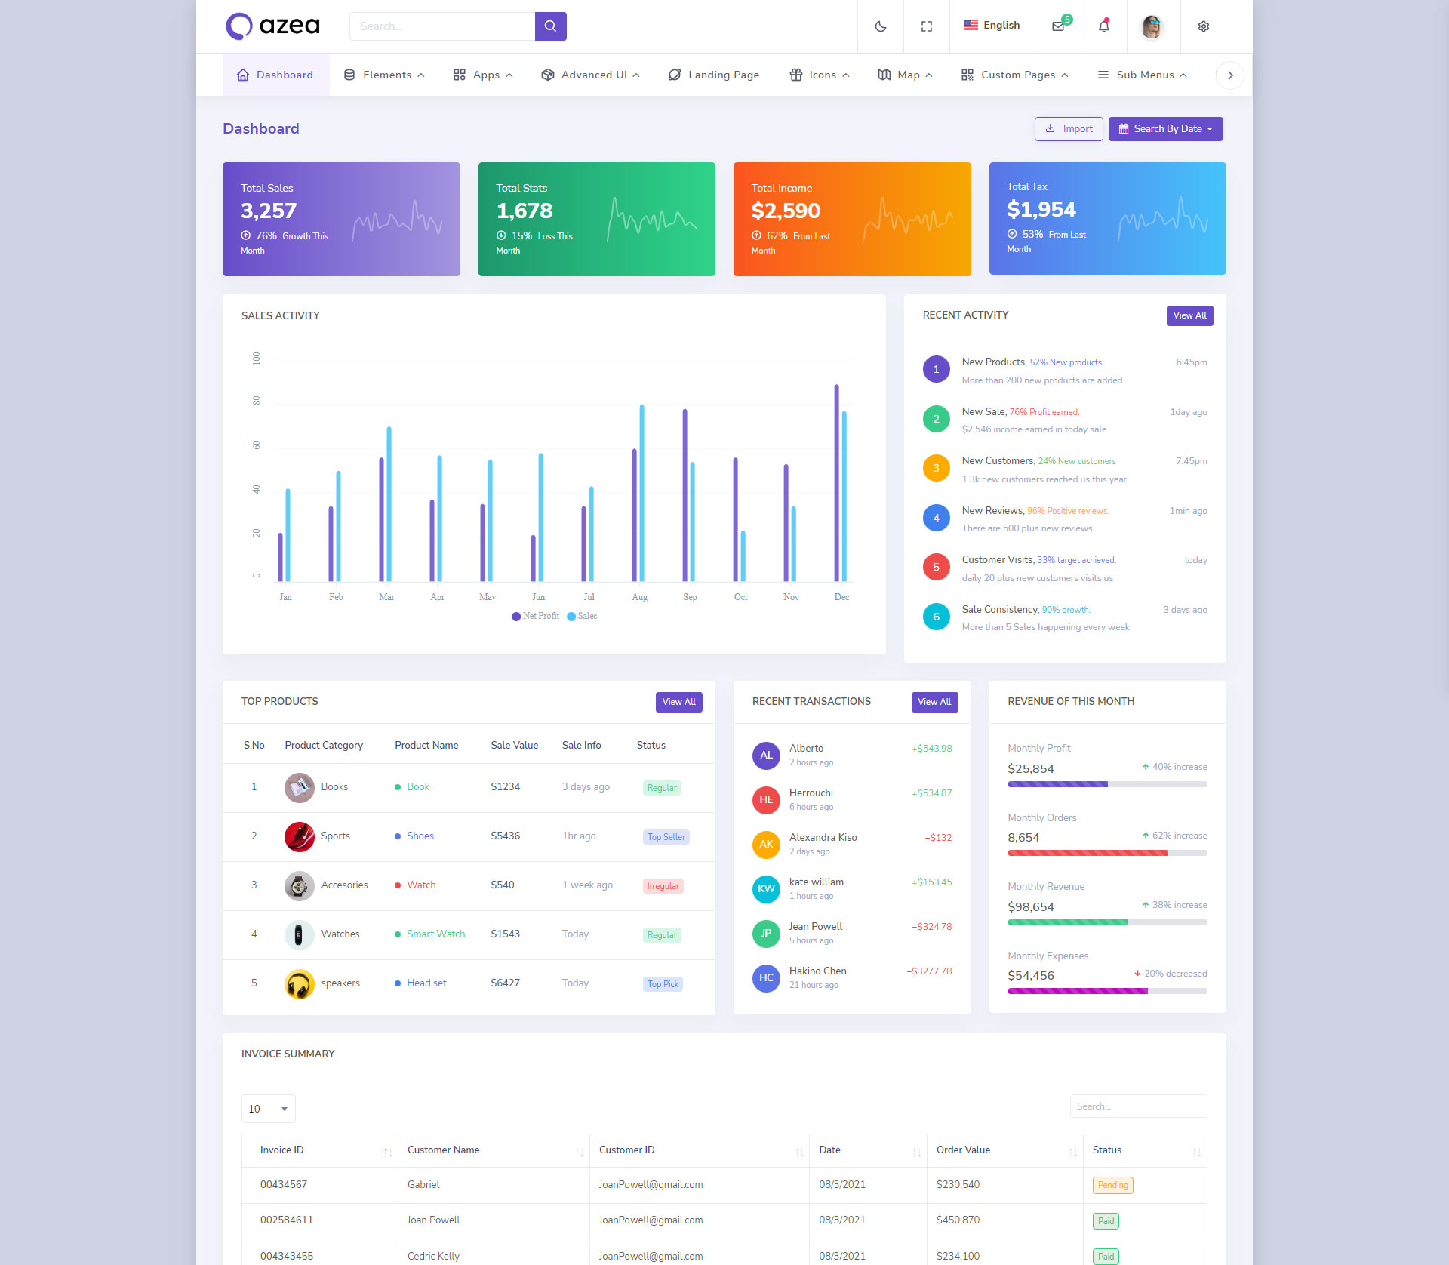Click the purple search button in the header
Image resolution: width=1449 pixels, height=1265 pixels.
coord(550,26)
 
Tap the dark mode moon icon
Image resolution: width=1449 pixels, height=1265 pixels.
coord(880,26)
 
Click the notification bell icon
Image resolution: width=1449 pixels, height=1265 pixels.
coord(1103,26)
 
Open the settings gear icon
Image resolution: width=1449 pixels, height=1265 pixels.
coord(1203,26)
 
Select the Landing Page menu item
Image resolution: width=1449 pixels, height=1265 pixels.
coord(714,75)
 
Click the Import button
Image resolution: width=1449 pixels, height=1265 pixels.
coord(1068,129)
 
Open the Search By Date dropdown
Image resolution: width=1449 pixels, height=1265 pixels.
coord(1165,129)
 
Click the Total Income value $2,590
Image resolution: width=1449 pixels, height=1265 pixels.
coord(786,211)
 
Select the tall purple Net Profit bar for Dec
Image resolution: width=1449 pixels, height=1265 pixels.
coord(836,483)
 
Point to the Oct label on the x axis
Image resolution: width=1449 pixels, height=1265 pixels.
coord(740,597)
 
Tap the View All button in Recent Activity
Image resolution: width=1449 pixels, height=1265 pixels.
coord(1189,315)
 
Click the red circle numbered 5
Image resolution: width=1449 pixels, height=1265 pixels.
coord(936,567)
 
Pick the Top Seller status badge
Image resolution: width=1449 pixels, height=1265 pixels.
coord(666,837)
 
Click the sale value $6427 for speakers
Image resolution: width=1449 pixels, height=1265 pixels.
coord(505,983)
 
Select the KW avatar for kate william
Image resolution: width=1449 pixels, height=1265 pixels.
coord(766,888)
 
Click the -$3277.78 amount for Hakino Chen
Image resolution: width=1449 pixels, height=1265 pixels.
coord(929,971)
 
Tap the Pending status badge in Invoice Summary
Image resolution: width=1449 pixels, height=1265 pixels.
coord(1112,1185)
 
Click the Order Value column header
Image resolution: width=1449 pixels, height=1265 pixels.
coord(963,1150)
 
